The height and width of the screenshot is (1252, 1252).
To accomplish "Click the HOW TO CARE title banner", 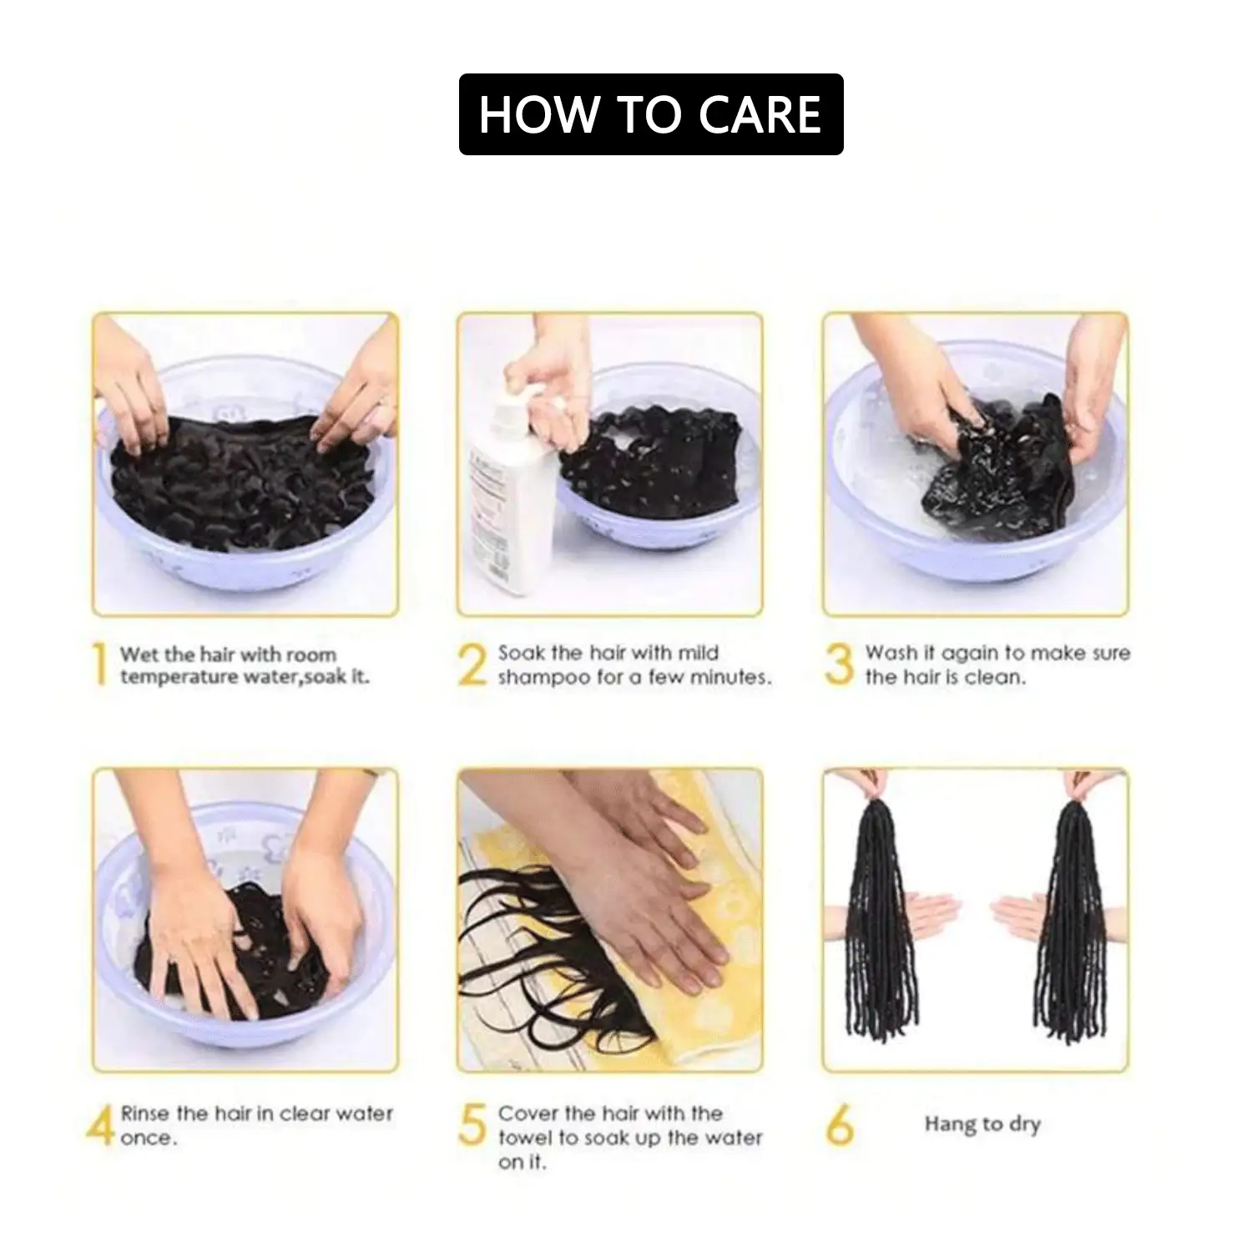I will pyautogui.click(x=651, y=114).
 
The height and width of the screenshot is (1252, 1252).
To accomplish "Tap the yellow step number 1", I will pyautogui.click(x=100, y=665).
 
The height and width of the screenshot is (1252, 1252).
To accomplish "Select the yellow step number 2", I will pyautogui.click(x=472, y=665).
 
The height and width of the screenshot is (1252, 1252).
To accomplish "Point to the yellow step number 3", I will pyautogui.click(x=839, y=665).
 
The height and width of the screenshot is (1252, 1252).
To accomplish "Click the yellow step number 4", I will pyautogui.click(x=100, y=1125).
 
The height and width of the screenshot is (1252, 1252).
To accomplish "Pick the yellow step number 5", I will pyautogui.click(x=472, y=1125).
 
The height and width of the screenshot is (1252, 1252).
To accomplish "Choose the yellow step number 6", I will pyautogui.click(x=839, y=1125).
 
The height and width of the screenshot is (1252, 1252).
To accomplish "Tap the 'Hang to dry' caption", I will pyautogui.click(x=982, y=1124).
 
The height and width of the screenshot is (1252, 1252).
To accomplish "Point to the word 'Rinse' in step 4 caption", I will pyautogui.click(x=145, y=1113).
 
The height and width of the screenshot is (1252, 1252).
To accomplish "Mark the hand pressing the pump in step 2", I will pyautogui.click(x=538, y=376).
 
